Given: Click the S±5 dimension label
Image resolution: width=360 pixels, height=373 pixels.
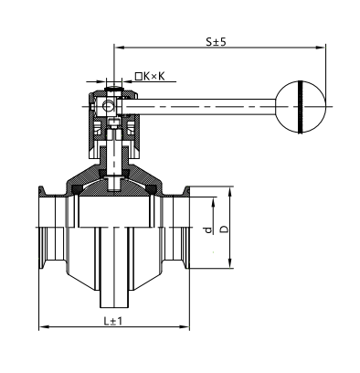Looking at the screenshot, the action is pos(216,41).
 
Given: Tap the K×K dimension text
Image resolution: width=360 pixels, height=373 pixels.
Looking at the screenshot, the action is pos(154,76).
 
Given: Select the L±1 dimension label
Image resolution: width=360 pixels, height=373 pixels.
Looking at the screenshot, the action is pos(112,321).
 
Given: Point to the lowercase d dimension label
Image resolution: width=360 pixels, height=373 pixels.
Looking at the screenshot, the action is pos(208,230).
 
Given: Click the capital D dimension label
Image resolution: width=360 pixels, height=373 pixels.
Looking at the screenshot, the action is pos(224,229).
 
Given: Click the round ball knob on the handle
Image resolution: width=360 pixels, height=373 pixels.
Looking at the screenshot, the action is pos(301,107).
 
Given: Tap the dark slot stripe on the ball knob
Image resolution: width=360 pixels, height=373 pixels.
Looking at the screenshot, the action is pos(301,107).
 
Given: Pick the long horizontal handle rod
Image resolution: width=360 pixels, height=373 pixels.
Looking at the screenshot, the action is pos(199,107).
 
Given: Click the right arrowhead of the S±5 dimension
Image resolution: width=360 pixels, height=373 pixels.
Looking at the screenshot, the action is pos(321,48).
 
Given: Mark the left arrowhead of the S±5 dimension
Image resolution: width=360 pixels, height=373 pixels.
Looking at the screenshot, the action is pos(120,48).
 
